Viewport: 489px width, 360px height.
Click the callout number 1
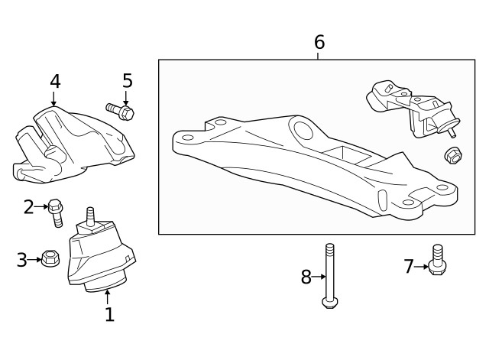pos(109,314)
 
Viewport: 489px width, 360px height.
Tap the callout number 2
pos(29,206)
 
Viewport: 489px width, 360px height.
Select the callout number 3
pos(22,260)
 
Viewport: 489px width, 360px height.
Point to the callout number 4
pos(55,81)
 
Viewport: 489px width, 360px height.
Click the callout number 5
pos(128,80)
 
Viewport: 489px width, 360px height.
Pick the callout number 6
pos(319,43)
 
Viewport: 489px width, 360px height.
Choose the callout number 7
pos(409,266)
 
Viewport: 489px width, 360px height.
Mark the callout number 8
pos(306,277)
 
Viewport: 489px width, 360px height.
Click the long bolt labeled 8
pos(329,275)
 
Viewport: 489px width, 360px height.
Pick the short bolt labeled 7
pos(437,261)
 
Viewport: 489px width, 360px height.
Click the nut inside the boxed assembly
pos(452,156)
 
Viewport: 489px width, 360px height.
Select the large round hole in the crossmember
pos(305,131)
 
